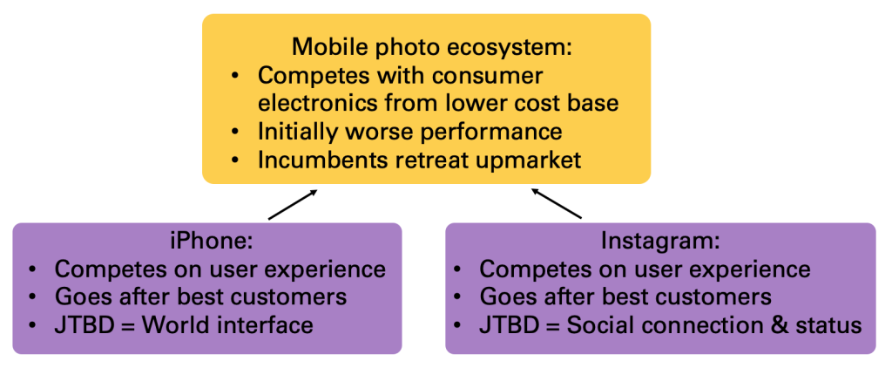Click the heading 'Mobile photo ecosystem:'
point(431,47)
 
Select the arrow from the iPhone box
point(293,205)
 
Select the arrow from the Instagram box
point(556,205)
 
